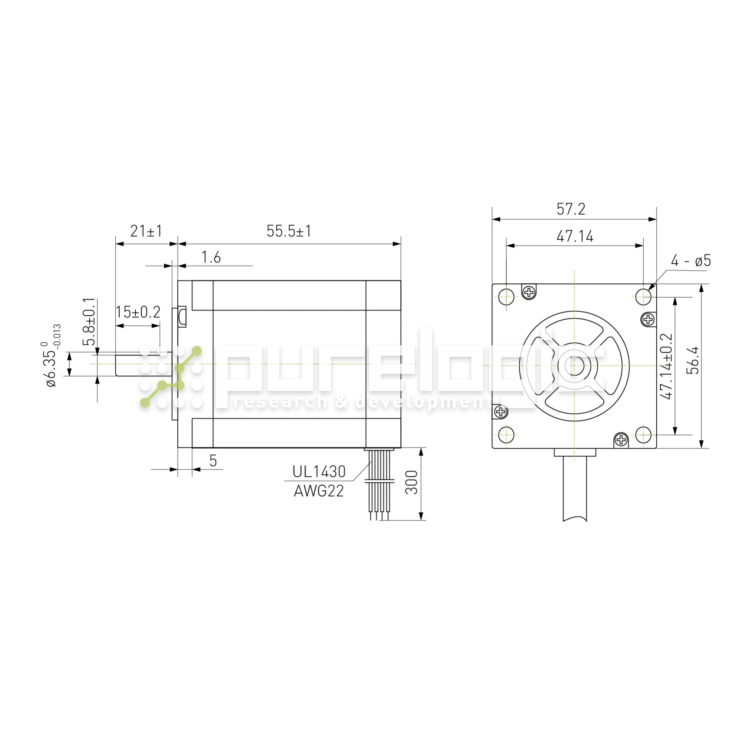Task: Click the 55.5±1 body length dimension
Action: click(x=288, y=231)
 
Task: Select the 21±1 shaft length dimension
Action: click(x=146, y=231)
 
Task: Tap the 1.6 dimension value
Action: click(x=211, y=257)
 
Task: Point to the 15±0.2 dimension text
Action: click(x=138, y=312)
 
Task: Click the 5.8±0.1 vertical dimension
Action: click(x=89, y=322)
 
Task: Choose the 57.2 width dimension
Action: click(x=571, y=209)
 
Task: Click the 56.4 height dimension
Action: click(x=694, y=360)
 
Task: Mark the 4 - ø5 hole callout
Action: click(x=691, y=261)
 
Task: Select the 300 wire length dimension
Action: click(x=412, y=482)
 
